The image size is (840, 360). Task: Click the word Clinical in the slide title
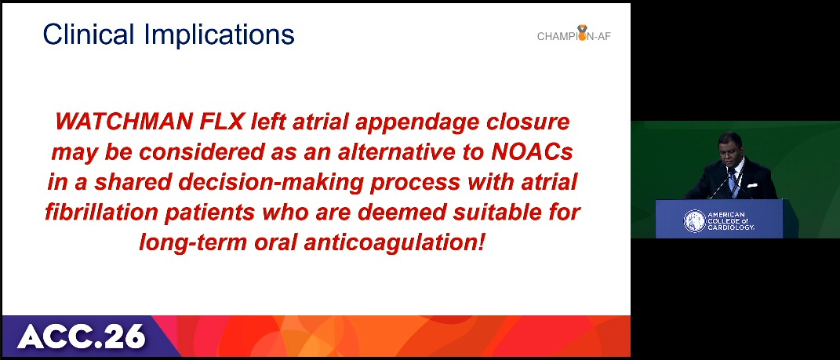(x=89, y=35)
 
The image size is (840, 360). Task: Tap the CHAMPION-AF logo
(x=574, y=34)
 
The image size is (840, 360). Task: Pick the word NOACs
(x=532, y=153)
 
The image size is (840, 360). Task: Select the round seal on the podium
(x=694, y=220)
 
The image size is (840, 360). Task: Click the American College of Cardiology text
(x=732, y=220)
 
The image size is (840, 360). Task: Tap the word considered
(x=202, y=153)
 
